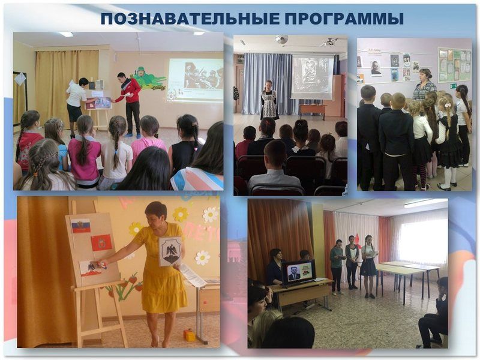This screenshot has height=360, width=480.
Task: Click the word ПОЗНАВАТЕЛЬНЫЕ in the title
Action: click(x=190, y=19)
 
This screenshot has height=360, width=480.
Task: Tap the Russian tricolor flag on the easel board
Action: click(x=81, y=226)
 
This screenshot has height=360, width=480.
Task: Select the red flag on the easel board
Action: click(x=101, y=243)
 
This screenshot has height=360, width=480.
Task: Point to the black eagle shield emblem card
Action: click(x=170, y=251)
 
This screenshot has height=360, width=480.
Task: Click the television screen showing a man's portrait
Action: click(x=298, y=271)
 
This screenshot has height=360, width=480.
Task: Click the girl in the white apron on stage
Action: click(x=269, y=100)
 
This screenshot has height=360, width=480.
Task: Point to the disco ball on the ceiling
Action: click(x=281, y=40)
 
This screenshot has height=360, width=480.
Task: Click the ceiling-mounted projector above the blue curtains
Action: click(x=329, y=41)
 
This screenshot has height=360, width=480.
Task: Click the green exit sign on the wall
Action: click(x=454, y=85)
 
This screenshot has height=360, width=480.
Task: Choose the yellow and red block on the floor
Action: click(x=190, y=335)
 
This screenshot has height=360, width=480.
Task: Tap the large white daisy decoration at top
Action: click(x=211, y=215)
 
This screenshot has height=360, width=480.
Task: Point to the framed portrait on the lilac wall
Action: click(x=376, y=68)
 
